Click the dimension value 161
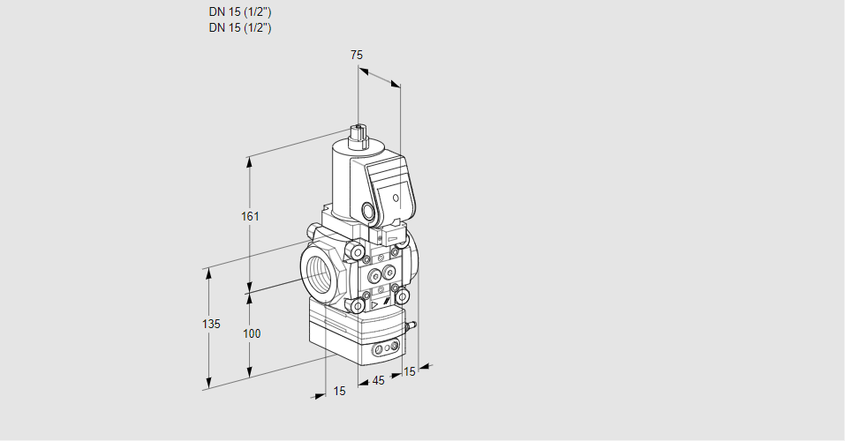click(252, 217)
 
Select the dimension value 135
click(210, 325)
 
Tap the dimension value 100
click(252, 333)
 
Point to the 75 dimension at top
click(356, 55)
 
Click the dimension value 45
click(378, 381)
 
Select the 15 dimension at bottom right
click(408, 371)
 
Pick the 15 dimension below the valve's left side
click(339, 391)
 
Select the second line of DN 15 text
click(239, 28)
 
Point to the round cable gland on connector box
click(368, 212)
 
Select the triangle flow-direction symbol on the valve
click(374, 303)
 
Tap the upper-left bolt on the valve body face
click(358, 254)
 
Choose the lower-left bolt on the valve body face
click(358, 305)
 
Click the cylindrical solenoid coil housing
click(340, 176)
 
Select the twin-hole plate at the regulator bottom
click(383, 349)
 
